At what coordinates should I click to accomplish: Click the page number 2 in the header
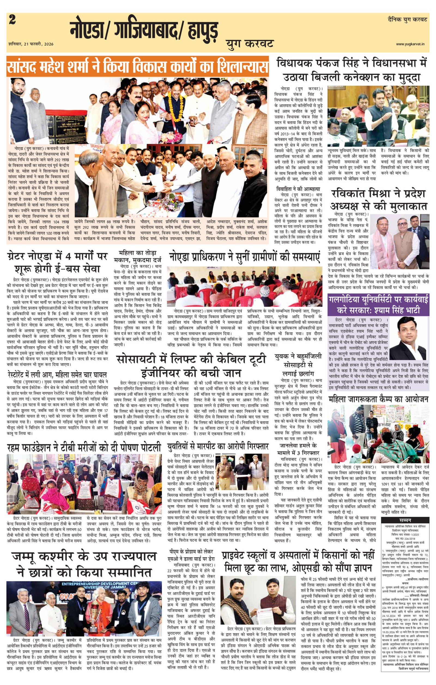pos(12,20)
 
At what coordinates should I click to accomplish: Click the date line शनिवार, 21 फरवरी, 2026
pos(31,44)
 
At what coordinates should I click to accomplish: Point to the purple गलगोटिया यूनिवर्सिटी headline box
pos(378,305)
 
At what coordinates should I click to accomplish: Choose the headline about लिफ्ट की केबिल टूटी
pos(191,365)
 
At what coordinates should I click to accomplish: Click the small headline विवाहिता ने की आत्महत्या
pos(298,189)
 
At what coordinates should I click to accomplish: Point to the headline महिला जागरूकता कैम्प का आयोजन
pos(378,399)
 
